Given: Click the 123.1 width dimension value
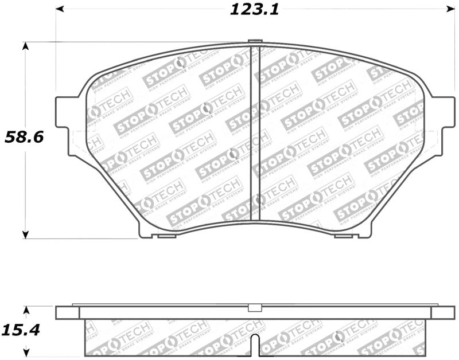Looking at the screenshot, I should click(x=254, y=10).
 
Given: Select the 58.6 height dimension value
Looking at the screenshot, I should click(x=25, y=137).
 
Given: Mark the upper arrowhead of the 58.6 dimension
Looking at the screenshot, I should click(x=25, y=46).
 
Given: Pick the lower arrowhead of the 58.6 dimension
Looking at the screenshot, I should click(x=25, y=234).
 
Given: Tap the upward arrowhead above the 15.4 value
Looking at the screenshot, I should click(x=25, y=310).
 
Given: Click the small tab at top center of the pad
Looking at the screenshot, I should click(x=255, y=41).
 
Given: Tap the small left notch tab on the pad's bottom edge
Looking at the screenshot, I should click(x=166, y=236).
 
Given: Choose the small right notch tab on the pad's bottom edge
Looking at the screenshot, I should click(x=343, y=236).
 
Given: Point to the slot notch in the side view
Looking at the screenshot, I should click(x=256, y=346).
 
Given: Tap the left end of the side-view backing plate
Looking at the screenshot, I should click(x=66, y=312).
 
